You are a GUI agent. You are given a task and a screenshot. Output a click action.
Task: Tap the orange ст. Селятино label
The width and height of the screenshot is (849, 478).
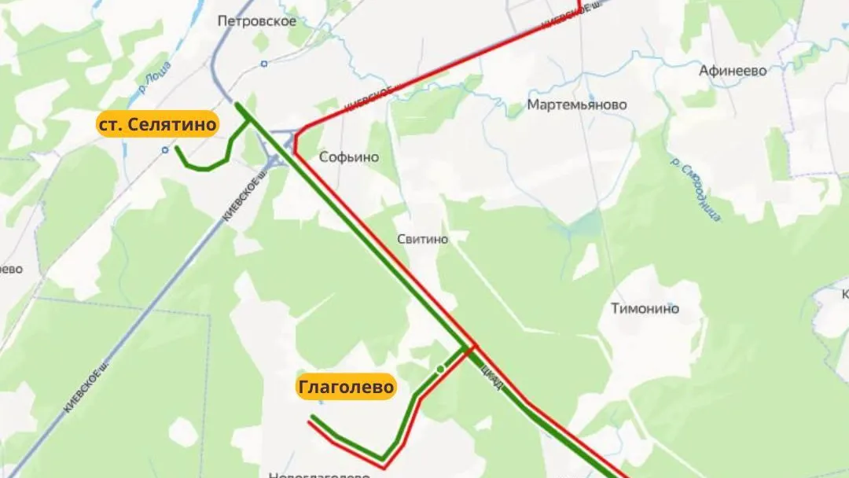[157, 124]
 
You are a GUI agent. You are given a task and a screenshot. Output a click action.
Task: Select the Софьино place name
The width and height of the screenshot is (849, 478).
[349, 157]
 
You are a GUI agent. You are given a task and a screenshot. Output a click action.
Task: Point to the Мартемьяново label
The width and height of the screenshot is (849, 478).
[577, 105]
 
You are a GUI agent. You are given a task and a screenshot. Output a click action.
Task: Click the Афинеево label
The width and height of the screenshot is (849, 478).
[733, 71]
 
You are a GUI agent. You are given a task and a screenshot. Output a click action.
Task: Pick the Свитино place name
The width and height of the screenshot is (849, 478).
[423, 239]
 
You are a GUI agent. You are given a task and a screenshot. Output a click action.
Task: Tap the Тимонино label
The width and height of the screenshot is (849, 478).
[645, 309]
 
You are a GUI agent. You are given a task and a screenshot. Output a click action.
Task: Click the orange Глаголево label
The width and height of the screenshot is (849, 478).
[346, 388]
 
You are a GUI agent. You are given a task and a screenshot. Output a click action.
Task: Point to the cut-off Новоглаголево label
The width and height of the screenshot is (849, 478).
[319, 474]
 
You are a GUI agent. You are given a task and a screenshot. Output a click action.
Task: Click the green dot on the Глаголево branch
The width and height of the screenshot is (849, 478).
[439, 369]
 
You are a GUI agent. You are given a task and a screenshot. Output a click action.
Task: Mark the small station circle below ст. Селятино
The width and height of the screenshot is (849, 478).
[164, 149]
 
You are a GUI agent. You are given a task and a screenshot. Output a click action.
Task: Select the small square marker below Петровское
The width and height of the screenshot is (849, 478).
[264, 62]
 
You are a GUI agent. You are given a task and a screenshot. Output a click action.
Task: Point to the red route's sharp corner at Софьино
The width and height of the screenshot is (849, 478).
[296, 142]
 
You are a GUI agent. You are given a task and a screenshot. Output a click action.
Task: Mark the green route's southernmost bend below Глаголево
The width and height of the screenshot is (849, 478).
[383, 459]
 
